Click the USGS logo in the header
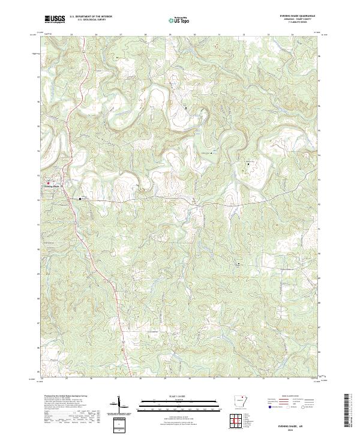(55, 19)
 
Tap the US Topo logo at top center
(181, 20)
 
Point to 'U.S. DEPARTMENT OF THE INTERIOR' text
(91, 17)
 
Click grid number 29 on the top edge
(170, 35)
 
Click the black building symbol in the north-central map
(185, 108)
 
